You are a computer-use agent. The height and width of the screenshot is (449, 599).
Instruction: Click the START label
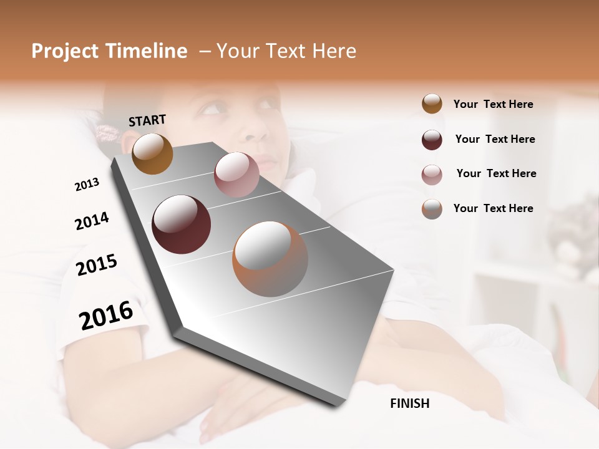tap(147, 120)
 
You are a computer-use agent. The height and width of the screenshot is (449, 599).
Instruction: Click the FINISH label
tap(410, 403)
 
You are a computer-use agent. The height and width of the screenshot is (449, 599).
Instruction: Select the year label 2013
tap(87, 185)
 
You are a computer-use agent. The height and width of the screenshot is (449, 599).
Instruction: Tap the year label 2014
tap(92, 221)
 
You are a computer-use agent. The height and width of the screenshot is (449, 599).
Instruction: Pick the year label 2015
tap(97, 265)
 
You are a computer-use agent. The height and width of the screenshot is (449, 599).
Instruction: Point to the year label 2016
tap(106, 316)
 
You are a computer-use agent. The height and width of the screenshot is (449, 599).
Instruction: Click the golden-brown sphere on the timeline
tap(152, 153)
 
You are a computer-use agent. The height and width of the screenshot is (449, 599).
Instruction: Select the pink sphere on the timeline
tap(236, 175)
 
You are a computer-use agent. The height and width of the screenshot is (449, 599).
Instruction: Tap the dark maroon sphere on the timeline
tap(181, 224)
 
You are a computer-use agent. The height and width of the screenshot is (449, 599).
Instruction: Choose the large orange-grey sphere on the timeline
tap(270, 259)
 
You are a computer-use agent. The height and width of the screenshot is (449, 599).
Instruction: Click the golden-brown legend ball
tap(432, 104)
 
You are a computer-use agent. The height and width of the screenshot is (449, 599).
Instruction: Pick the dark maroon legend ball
tap(432, 140)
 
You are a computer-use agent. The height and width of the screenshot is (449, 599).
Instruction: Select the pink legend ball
tap(432, 175)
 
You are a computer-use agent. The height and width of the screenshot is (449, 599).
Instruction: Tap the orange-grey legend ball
tap(432, 209)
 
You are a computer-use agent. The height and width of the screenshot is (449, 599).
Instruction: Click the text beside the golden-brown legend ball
tap(493, 104)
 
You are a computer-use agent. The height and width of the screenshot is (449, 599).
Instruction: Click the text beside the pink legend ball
tap(496, 173)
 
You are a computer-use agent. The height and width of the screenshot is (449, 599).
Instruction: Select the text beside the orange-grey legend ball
tap(493, 208)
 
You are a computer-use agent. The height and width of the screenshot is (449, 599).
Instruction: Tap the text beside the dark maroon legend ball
tap(495, 139)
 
